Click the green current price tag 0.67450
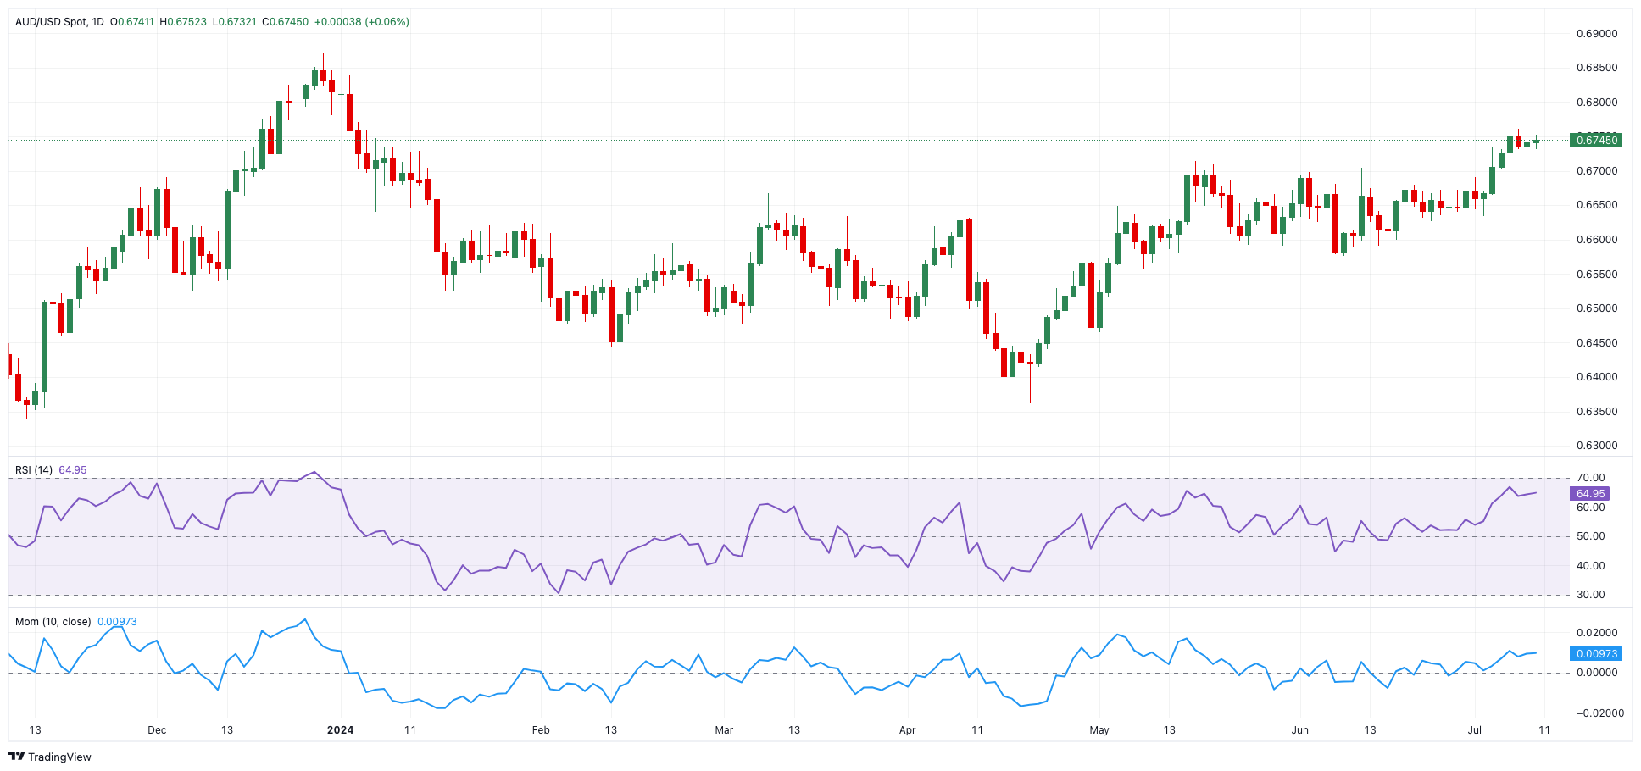1595,141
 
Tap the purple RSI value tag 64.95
1590,494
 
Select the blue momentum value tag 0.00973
1596,654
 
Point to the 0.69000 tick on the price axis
1597,34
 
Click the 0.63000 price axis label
1597,446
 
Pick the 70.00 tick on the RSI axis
1591,478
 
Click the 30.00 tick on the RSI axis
1591,595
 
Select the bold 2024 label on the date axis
340,730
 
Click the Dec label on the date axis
157,730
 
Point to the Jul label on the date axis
1475,730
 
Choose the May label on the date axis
1099,730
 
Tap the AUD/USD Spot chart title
51,22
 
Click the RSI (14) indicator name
34,470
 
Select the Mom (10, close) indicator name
53,622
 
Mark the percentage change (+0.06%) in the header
387,22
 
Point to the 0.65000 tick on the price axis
1597,308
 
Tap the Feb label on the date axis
541,730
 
